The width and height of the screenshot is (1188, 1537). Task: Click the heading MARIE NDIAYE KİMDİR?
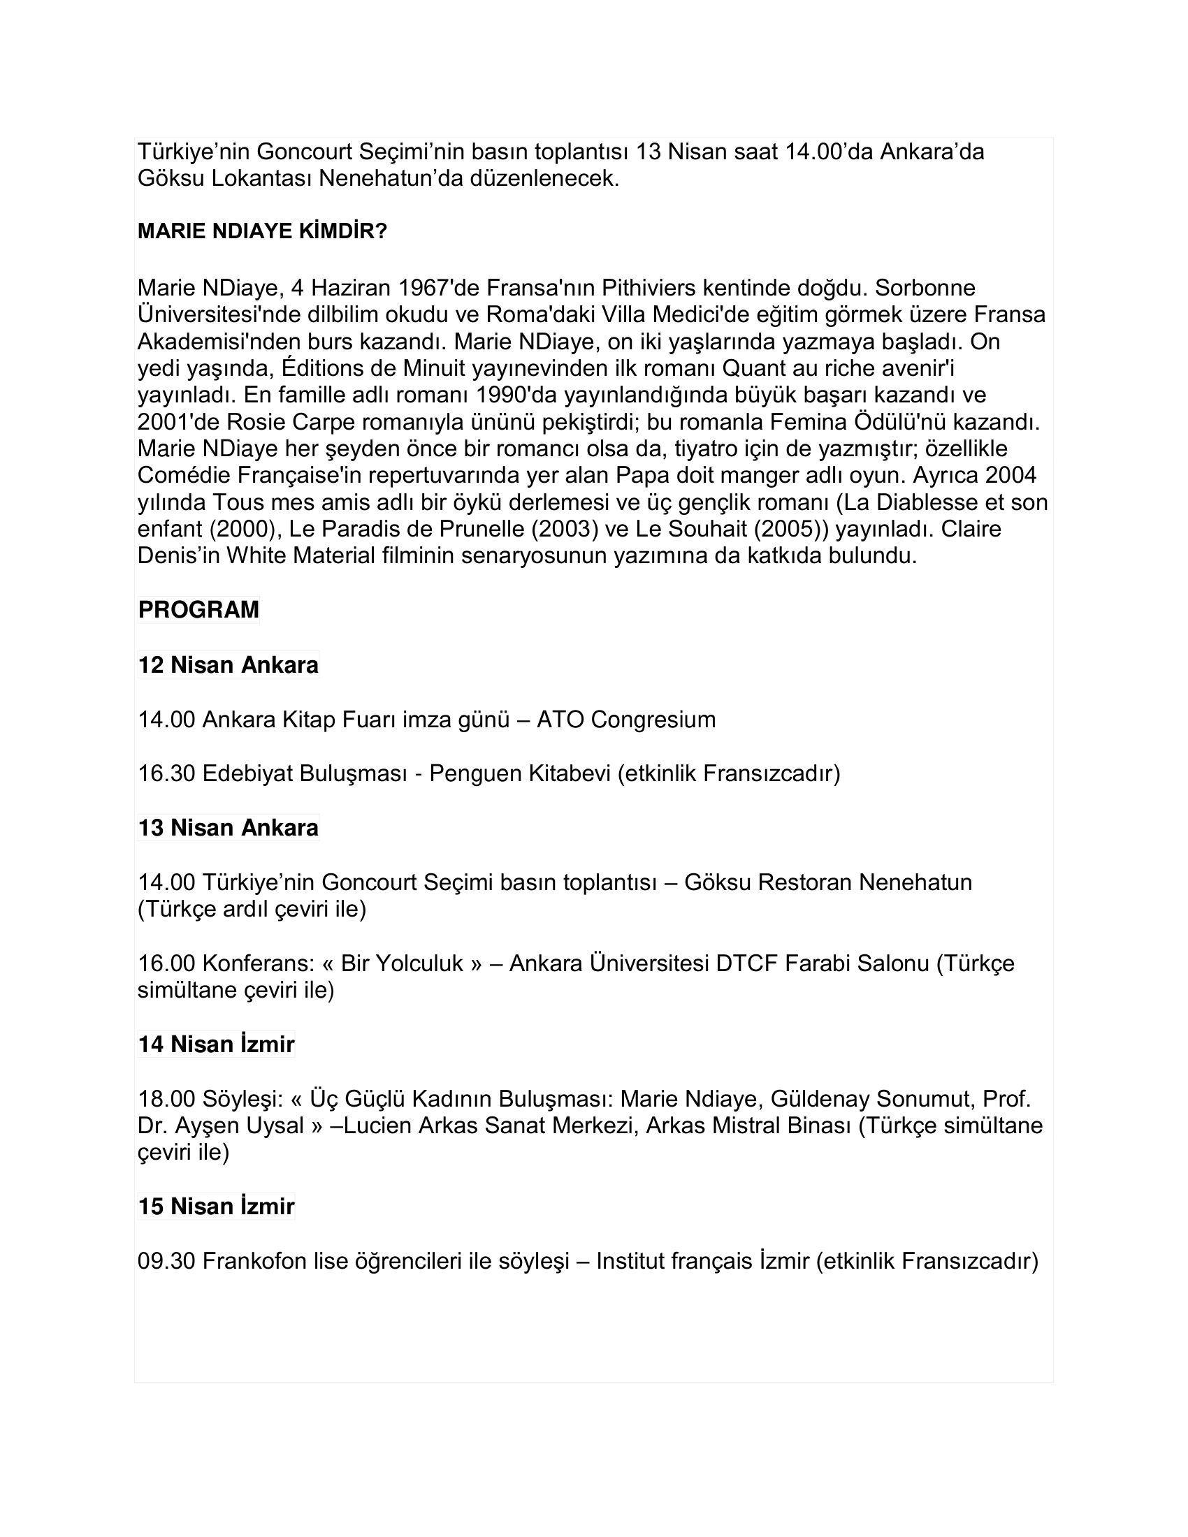coord(262,231)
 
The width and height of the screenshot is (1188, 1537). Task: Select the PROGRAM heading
coord(198,610)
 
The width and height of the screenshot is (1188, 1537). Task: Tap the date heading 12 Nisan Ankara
coord(228,665)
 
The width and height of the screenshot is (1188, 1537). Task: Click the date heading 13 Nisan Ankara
coord(228,828)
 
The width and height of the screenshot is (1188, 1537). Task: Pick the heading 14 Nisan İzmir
coord(216,1044)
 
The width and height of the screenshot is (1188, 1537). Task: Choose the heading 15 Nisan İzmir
coord(216,1207)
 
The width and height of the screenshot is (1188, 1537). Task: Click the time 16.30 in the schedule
coord(166,773)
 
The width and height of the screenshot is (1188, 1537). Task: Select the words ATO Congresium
coord(625,719)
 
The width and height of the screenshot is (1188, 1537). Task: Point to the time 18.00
coord(166,1098)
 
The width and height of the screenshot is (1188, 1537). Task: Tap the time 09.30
coord(166,1261)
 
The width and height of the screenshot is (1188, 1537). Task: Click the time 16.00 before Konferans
coord(166,963)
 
